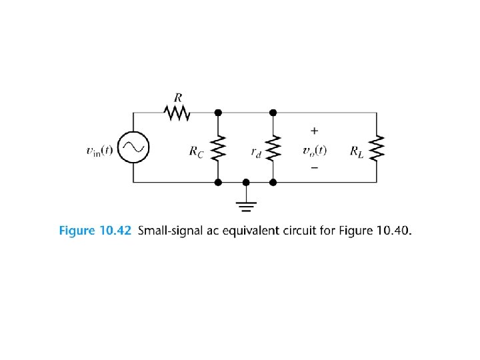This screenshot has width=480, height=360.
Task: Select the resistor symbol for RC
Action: coord(218,148)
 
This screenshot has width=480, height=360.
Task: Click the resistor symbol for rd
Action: coord(273,148)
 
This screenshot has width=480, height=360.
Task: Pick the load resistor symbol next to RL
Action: coord(377,148)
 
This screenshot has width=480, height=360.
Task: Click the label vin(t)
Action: coord(100,151)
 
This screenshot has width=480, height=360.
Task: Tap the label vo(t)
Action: coord(314,151)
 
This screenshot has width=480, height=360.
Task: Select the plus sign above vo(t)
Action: coord(314,132)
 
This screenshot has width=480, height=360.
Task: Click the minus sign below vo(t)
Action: coord(314,168)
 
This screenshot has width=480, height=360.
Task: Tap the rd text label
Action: coord(256,152)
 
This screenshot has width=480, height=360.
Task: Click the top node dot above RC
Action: coord(218,113)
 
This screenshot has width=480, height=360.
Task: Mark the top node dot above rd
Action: coord(273,113)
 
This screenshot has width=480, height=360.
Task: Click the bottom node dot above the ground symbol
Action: coord(246,181)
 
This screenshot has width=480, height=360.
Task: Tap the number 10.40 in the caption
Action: coord(393,231)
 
